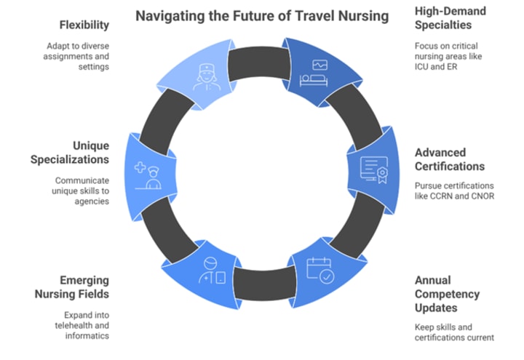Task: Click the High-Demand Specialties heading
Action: pyautogui.click(x=450, y=18)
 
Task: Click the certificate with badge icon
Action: pyautogui.click(x=373, y=170)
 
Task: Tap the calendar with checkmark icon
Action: pyautogui.click(x=319, y=270)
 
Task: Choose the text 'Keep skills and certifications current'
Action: pyautogui.click(x=453, y=332)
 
